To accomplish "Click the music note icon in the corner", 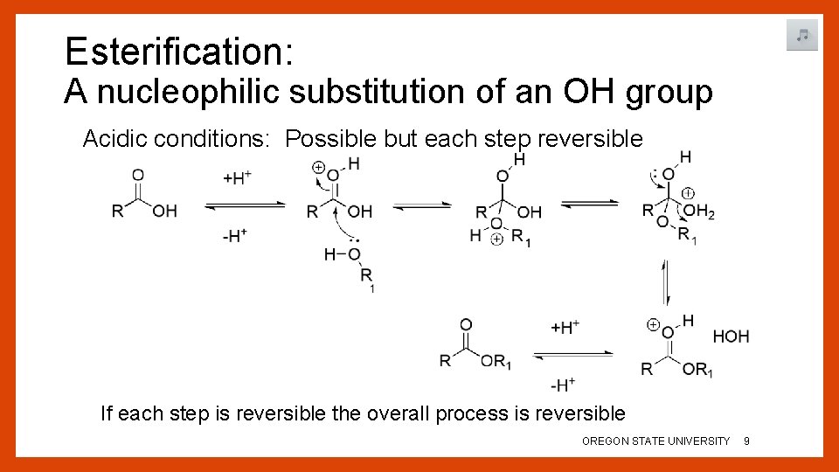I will [x=801, y=36].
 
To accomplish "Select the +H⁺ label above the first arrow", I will [x=238, y=178].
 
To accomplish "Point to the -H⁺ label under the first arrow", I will [x=234, y=236].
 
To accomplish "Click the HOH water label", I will [x=731, y=337].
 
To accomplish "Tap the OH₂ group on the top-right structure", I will [x=699, y=212].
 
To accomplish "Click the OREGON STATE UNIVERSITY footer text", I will [x=655, y=441].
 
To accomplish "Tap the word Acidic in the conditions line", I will [x=112, y=139].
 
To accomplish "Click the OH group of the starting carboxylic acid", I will [x=164, y=212].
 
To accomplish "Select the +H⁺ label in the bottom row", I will [x=565, y=328].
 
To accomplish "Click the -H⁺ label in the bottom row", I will [x=562, y=384].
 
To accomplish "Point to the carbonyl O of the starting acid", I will [x=138, y=176].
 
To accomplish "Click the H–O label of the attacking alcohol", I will [x=342, y=254].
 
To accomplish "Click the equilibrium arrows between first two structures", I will [x=245, y=206].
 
